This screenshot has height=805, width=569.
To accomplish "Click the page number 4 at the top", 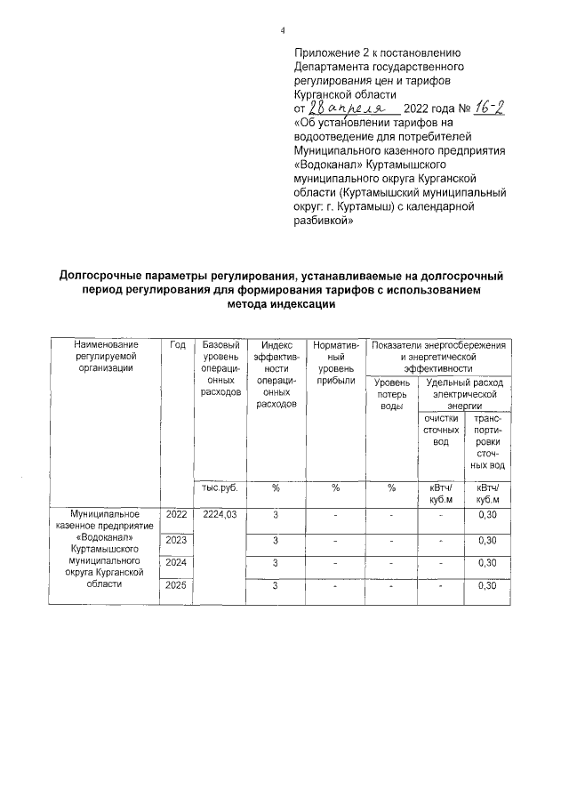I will (282, 30).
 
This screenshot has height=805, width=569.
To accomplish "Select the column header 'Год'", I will (177, 345).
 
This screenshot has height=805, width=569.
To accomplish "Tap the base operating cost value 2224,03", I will (219, 515).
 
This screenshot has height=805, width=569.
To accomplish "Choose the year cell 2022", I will (177, 515).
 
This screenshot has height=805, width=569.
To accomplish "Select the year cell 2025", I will (177, 585).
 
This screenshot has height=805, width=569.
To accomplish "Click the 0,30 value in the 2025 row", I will (486, 585).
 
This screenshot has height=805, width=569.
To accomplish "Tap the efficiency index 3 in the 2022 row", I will (276, 515).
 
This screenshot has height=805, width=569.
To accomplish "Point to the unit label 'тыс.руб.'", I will (220, 487).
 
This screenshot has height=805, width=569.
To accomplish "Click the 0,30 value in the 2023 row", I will (486, 540).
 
